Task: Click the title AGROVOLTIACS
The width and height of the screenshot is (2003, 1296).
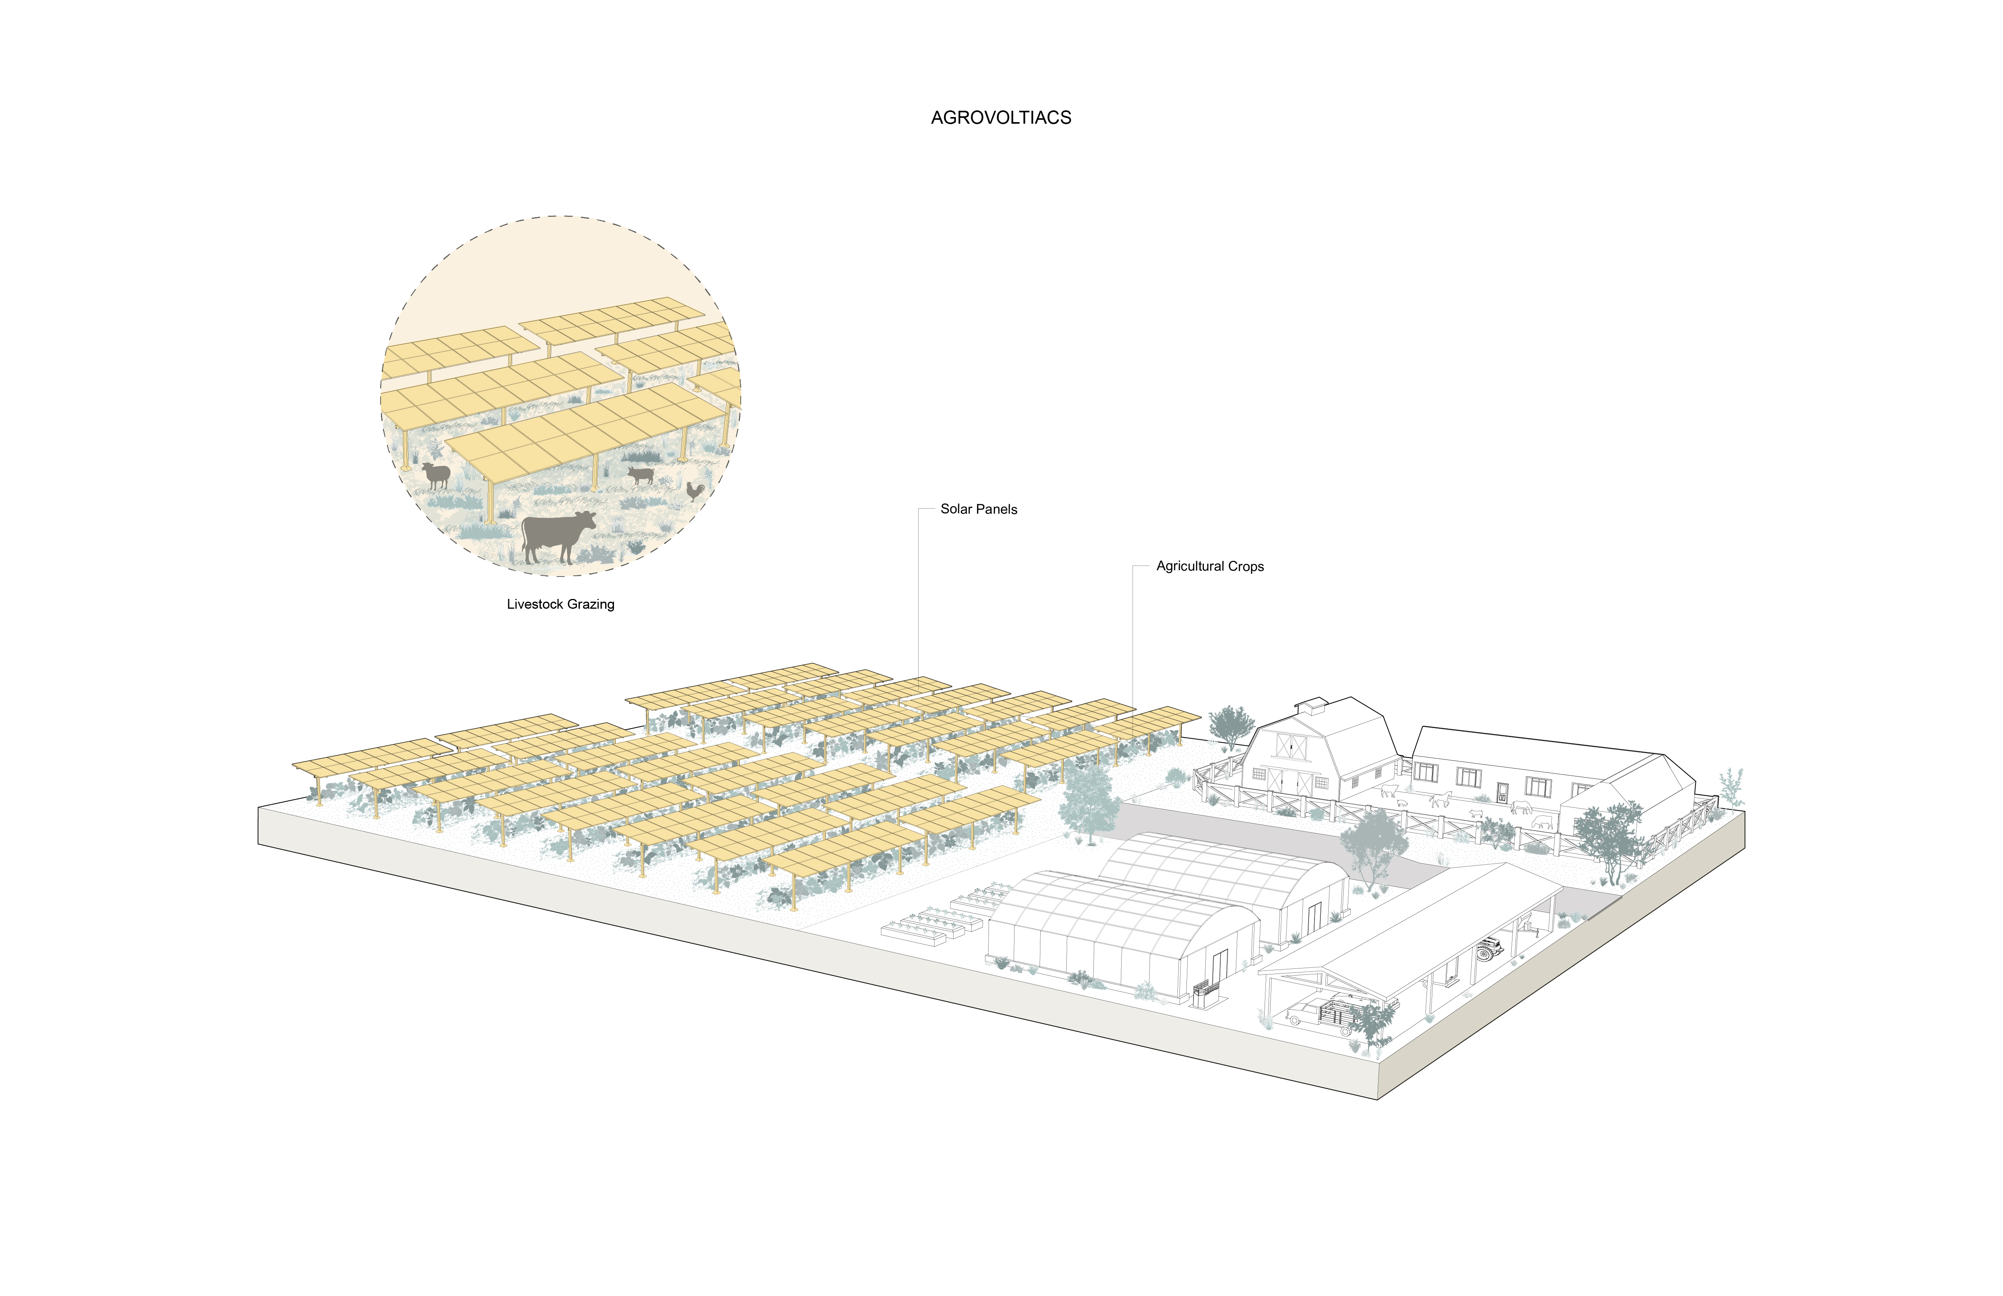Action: coord(1001,118)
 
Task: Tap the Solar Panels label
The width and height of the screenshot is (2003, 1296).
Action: coord(979,509)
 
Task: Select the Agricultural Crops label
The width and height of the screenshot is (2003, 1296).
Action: coord(1209,566)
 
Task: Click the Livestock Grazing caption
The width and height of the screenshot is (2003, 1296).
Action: coord(560,604)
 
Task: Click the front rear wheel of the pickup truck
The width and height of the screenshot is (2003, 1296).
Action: coord(1296,1021)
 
